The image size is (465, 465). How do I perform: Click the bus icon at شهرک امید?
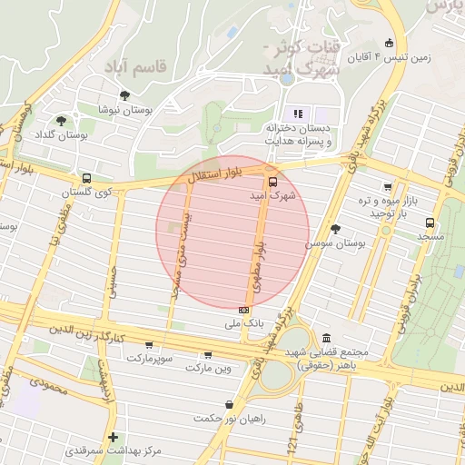273,182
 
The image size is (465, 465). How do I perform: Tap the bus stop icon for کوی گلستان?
86,179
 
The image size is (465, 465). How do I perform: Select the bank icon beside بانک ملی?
243,309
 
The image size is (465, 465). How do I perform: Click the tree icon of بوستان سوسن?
336,229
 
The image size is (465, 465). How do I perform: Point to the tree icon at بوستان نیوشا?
124,94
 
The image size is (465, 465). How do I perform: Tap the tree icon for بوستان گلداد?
61,120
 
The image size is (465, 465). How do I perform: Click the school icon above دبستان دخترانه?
297,114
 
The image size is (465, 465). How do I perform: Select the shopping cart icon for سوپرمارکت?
148,345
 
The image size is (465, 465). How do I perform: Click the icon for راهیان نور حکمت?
229,404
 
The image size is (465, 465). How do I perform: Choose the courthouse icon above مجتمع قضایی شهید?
326,338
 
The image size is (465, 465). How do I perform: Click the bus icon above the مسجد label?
430,223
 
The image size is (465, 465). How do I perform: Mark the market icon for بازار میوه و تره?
388,187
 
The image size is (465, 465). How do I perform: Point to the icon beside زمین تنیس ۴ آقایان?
390,43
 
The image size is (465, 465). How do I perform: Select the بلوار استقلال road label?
217,173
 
